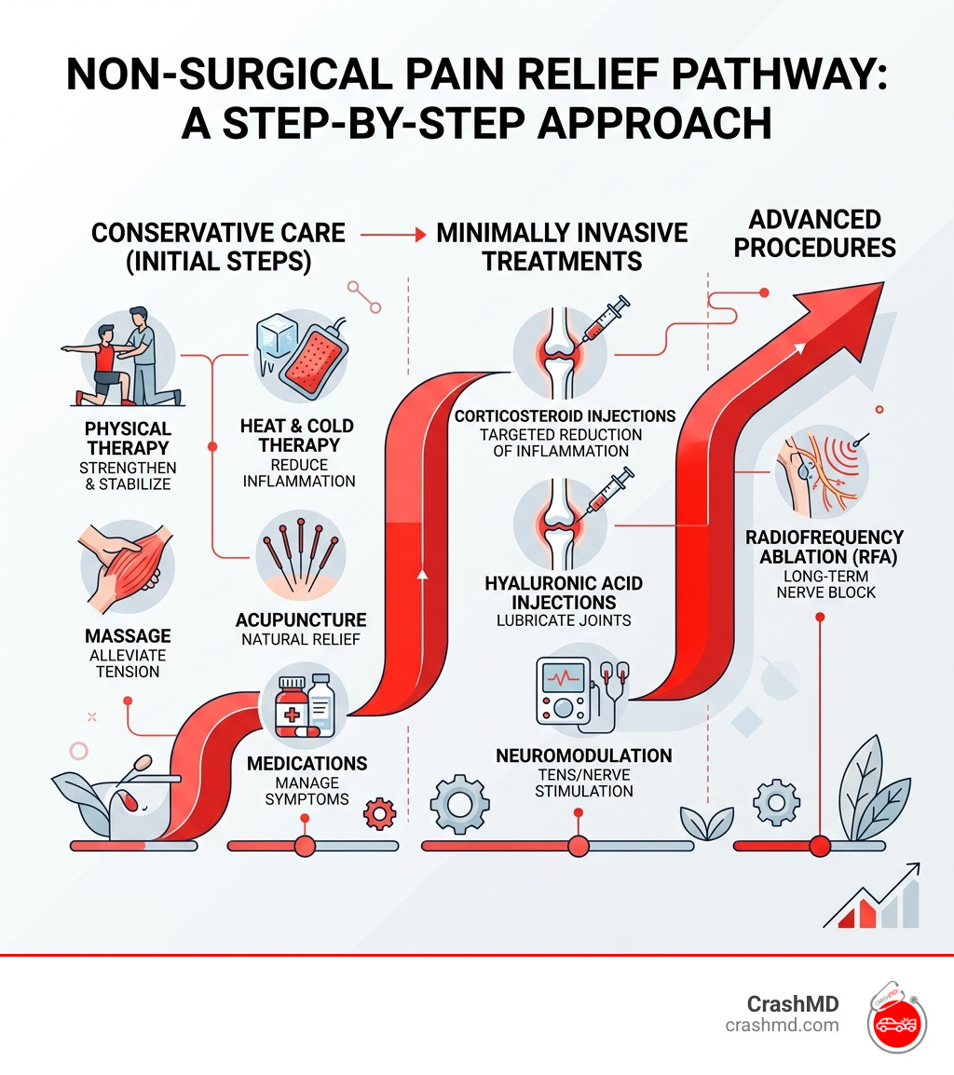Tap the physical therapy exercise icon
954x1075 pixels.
pos(124,357)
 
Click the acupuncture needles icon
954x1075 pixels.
pos(300,554)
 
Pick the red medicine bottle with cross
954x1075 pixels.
pos(292,708)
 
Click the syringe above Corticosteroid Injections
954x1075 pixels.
pos(605,320)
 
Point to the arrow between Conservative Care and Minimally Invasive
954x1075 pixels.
pos(393,235)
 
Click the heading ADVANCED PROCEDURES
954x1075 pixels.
pos(815,234)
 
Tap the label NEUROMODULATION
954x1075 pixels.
pos(583,755)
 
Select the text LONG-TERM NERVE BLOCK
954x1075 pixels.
pos(825,584)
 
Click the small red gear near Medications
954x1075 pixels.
pos(380,814)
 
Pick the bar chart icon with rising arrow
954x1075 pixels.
pos(872,897)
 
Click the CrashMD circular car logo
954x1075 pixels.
pos(896,1017)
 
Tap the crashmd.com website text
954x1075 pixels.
pos(782,1026)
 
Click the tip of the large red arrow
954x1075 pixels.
pos(883,283)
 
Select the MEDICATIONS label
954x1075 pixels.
pos(307,764)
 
